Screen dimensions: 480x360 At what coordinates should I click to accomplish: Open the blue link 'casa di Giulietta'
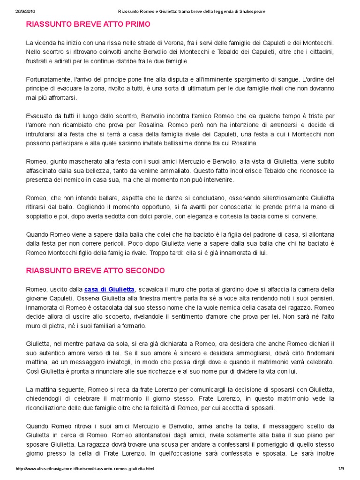[x=109, y=289]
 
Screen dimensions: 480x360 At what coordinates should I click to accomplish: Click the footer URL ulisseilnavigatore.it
[x=85, y=469]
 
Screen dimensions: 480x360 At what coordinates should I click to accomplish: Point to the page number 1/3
[x=341, y=469]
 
